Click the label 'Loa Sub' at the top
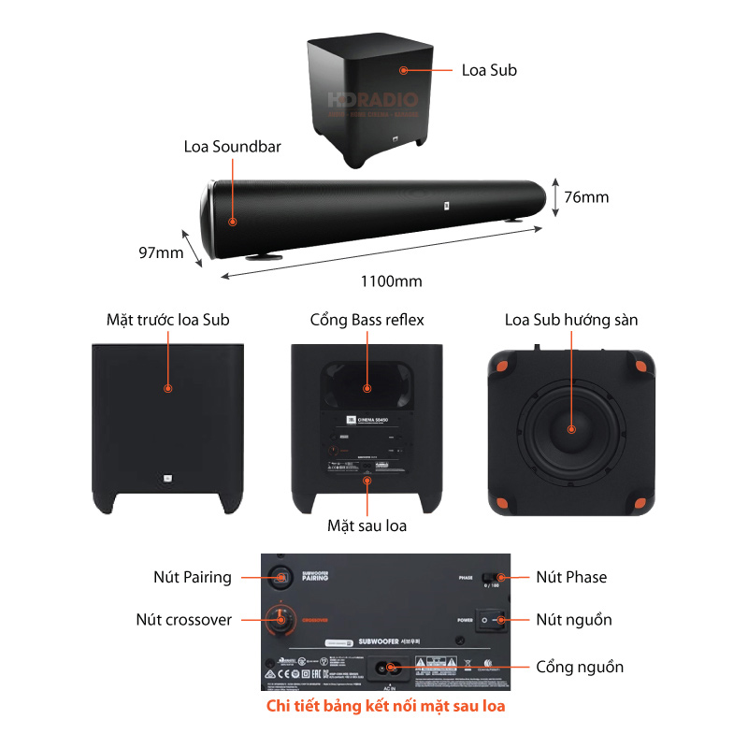tap(489, 70)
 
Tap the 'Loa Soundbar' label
tap(232, 147)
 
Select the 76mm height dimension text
tap(587, 196)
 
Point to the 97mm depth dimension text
tap(160, 252)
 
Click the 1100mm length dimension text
tap(391, 280)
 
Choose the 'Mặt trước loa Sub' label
tap(167, 320)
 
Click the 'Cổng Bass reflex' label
tap(367, 320)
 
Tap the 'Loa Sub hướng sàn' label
tap(570, 320)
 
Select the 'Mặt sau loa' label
tap(367, 525)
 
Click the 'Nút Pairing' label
tap(192, 577)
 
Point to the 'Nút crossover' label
tap(183, 619)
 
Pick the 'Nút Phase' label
tap(570, 577)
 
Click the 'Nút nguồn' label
tap(573, 619)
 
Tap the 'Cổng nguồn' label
tap(580, 667)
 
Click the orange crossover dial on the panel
tap(278, 617)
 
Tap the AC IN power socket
tap(386, 668)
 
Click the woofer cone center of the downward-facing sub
tap(571, 431)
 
